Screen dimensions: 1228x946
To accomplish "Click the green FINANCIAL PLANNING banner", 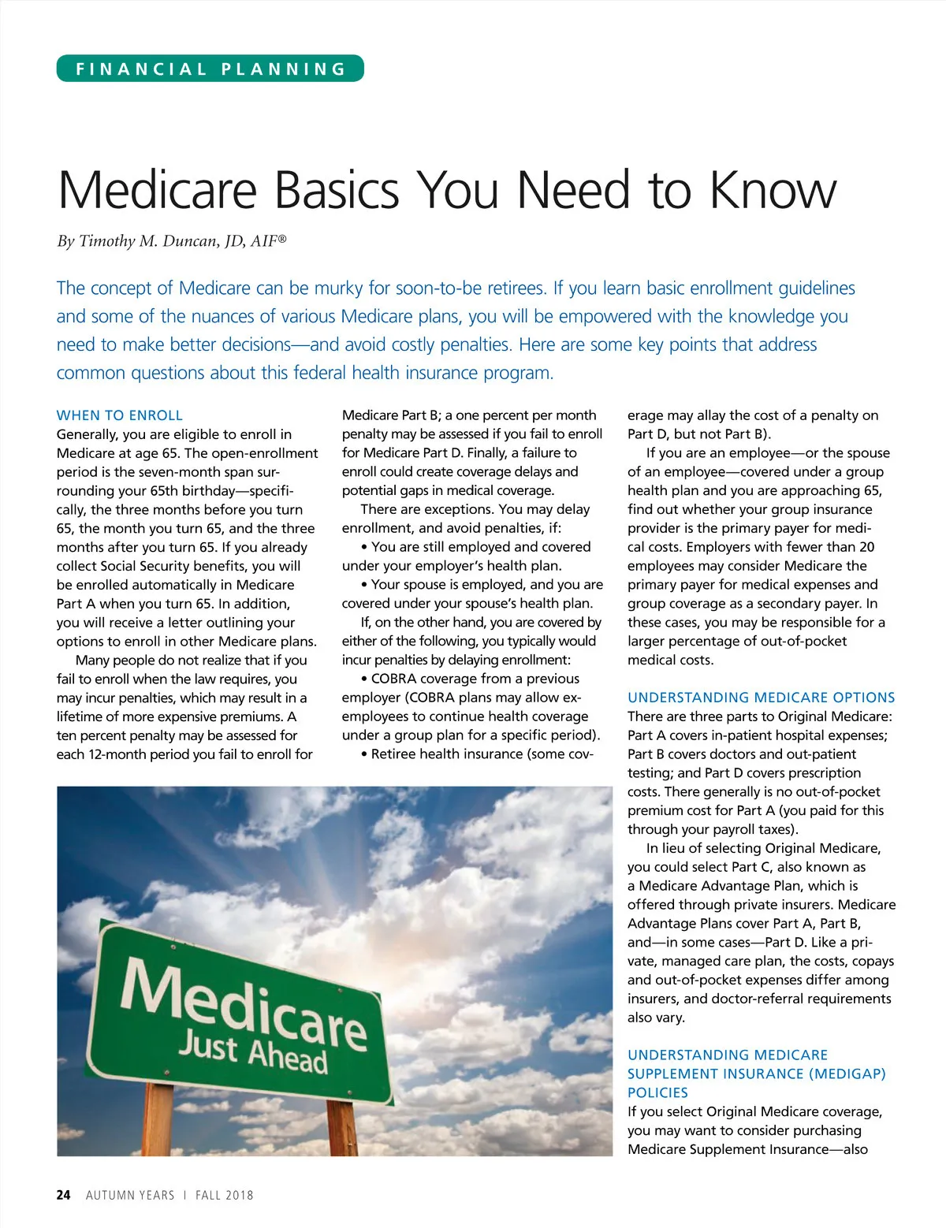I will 210,69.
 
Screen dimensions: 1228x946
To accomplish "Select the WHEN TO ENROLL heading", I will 120,415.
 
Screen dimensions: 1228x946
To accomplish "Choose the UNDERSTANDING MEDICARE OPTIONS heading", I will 761,698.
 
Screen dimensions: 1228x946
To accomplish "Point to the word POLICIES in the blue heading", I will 657,1092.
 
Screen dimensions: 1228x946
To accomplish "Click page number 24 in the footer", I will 64,1195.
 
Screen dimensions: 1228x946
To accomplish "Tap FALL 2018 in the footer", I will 225,1195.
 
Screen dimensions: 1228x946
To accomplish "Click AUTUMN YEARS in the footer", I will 130,1195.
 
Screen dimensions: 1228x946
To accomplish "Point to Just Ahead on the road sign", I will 252,1054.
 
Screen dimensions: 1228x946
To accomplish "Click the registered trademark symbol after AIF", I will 282,237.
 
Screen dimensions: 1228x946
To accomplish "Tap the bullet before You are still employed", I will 364,547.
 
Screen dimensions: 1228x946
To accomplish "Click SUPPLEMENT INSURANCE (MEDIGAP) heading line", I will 756,1074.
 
